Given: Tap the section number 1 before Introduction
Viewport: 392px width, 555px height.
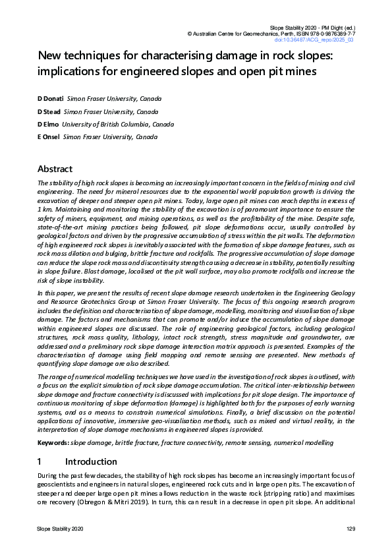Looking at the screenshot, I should click(x=40, y=461).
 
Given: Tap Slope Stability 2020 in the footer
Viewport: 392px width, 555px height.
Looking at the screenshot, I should click(x=60, y=530).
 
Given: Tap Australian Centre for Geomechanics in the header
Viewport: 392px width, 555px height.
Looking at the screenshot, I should click(x=230, y=32).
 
